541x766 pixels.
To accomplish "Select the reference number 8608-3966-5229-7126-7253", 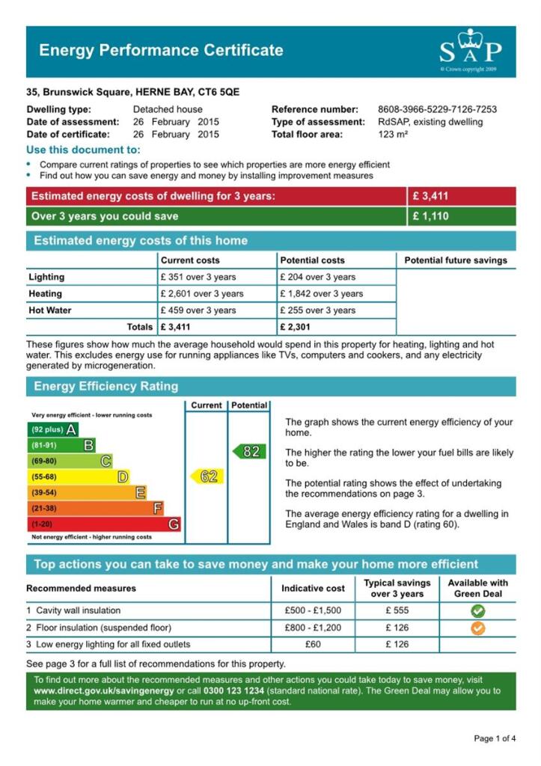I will pos(437,109).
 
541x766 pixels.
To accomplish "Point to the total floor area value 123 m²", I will pos(393,135).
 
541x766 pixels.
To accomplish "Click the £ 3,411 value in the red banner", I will pos(430,197).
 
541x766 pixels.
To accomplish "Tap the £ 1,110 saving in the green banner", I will pos(430,216).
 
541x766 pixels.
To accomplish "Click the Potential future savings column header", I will pos(455,260).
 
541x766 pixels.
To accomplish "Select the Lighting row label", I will pos(47,278).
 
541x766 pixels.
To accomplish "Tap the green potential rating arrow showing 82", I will pos(249,451).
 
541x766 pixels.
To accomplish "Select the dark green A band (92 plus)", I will pos(52,429).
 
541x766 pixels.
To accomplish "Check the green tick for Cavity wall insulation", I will pos(477,611).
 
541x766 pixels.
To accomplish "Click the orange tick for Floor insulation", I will pos(477,628).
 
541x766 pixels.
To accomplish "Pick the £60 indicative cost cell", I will pos(313,644).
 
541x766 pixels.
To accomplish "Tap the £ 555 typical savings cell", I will pos(397,610).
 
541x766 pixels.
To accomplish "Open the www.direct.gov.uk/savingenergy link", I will pos(104,691).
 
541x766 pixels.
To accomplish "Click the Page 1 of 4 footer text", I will pos(494,739).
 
